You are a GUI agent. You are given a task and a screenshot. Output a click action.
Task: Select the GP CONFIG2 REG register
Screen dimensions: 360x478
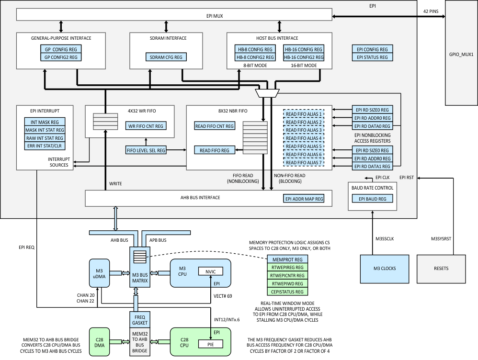[x=61, y=57]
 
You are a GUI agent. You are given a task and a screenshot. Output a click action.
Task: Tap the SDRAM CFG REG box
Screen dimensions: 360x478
[x=166, y=57]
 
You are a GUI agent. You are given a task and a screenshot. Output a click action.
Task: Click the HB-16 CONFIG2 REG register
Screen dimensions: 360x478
[x=304, y=57]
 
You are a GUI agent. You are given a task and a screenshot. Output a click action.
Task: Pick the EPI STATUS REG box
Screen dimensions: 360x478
[x=372, y=57]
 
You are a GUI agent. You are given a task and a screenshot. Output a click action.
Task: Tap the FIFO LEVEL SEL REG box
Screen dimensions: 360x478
[x=146, y=150]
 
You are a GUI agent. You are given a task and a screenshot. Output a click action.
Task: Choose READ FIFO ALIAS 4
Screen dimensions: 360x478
[x=303, y=138]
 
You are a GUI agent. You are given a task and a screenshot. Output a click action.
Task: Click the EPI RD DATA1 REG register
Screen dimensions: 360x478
[x=372, y=166]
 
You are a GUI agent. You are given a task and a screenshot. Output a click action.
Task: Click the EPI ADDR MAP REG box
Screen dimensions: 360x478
[x=304, y=198]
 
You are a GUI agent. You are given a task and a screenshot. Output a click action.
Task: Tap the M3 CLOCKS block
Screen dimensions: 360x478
[x=381, y=268]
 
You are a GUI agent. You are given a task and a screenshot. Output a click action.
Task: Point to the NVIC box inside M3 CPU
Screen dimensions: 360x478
[x=211, y=271]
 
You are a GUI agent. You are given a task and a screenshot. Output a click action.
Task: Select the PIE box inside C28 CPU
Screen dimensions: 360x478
[x=211, y=343]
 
